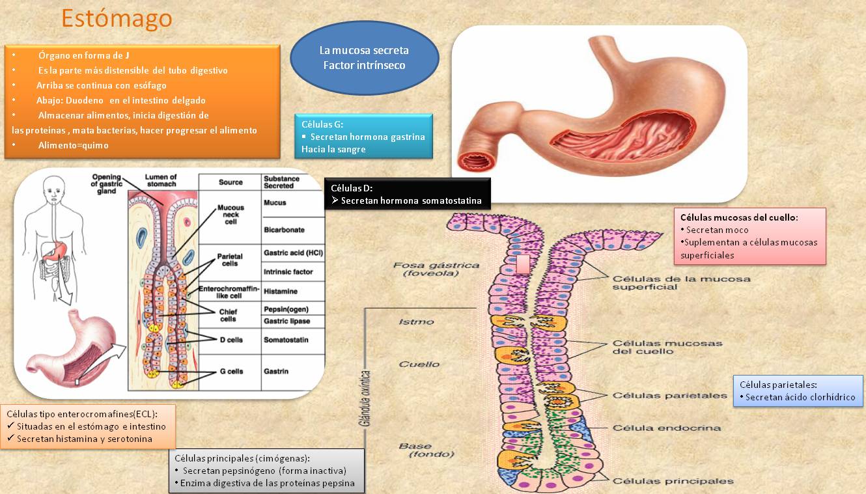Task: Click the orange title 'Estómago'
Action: (117, 18)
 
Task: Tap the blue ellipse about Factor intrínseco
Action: (364, 58)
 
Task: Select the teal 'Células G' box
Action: (363, 136)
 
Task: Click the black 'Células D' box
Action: (407, 194)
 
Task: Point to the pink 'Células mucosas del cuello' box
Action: (749, 236)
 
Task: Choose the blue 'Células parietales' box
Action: (798, 391)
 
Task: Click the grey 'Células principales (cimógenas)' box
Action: (266, 471)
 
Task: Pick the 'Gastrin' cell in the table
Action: (275, 371)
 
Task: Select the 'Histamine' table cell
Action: (280, 291)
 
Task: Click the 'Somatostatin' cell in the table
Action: (286, 340)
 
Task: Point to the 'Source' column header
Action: (230, 182)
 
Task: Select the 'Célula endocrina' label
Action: (667, 428)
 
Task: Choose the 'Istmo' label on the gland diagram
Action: (416, 322)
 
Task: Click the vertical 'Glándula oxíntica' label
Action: (365, 398)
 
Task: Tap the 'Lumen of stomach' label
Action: (160, 180)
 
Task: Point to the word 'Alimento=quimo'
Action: (73, 145)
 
